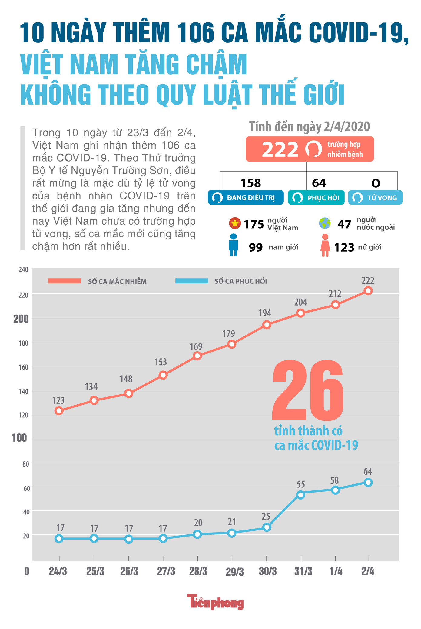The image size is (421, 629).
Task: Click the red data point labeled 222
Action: point(368,291)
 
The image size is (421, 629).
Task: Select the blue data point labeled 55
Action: point(300,495)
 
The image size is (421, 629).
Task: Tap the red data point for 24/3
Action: point(59,411)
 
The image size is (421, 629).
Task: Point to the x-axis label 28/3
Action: point(198,571)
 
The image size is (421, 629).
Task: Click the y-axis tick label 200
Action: point(21,319)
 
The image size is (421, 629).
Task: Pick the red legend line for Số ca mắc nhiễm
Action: point(65,281)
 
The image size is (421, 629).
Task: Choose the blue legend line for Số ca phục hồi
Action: point(192,281)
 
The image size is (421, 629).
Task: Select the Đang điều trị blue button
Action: point(246,198)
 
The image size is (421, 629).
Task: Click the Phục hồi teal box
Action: point(316,198)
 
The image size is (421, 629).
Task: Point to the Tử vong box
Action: point(375,198)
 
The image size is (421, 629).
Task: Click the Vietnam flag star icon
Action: point(235,224)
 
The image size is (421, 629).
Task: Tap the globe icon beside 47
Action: point(325,223)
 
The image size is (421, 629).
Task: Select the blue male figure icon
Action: point(234,245)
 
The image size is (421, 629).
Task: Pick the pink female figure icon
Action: point(325,246)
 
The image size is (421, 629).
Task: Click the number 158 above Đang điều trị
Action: point(250,183)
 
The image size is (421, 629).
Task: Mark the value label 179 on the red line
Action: point(228,334)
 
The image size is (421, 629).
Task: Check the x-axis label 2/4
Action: point(368,571)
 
